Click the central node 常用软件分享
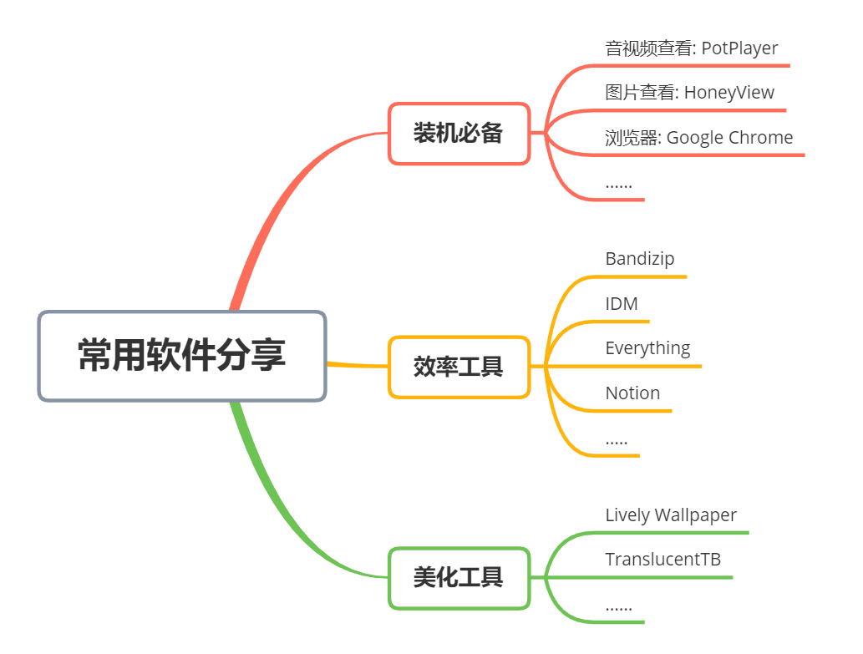coord(181,356)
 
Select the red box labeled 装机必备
coord(459,133)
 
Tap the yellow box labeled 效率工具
coord(459,366)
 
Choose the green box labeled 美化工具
coord(459,577)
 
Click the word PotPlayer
coord(739,48)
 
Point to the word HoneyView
coord(728,93)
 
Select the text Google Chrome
coord(729,138)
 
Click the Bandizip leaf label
coord(639,259)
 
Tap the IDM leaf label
coord(622,304)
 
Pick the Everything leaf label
coord(647,348)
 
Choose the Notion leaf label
coord(632,393)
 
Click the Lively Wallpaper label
coord(671,515)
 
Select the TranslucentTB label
coord(662,560)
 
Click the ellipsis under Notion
coord(617,441)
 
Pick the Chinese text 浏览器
coord(631,138)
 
